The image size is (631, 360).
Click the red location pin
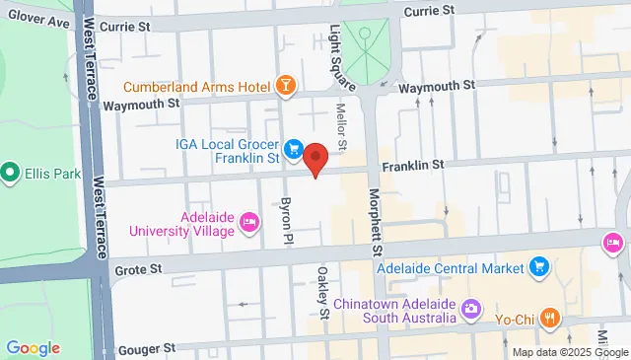pos(315,159)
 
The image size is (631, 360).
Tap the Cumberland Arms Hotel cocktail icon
pos(285,85)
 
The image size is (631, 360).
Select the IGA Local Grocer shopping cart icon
pos(293,149)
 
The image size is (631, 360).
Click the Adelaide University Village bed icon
pos(249,224)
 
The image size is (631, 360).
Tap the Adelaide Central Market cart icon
pos(538,266)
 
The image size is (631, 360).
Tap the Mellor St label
pos(342,128)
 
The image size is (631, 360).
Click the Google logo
pos(33,347)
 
